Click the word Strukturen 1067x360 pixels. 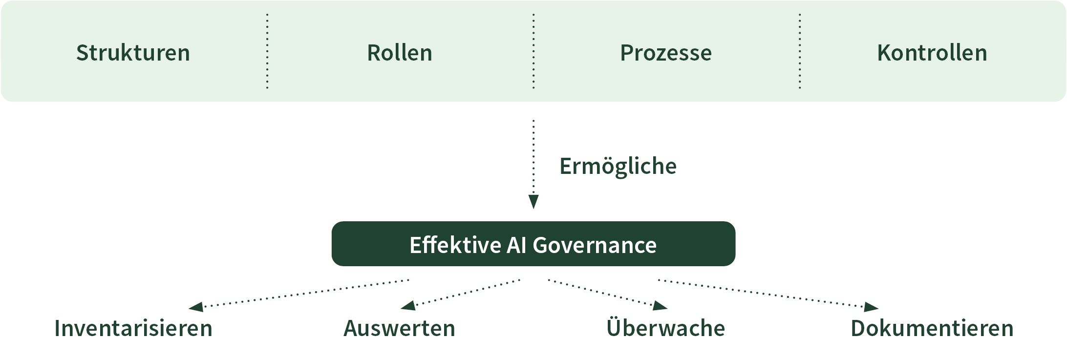(x=133, y=53)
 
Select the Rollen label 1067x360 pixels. (x=400, y=53)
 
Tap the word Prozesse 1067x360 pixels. (x=666, y=53)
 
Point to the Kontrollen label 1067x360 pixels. (x=932, y=53)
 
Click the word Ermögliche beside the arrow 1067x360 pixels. (x=618, y=167)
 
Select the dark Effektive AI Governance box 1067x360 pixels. (x=533, y=244)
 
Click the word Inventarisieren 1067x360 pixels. (x=133, y=328)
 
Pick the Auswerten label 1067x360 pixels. (x=400, y=328)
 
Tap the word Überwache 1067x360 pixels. (x=666, y=328)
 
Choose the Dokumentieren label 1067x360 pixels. (x=932, y=328)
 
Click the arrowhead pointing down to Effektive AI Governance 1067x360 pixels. (x=533, y=202)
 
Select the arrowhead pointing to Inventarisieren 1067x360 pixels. (x=196, y=307)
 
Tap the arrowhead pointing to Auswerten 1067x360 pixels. (x=408, y=306)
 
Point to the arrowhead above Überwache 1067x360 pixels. (x=660, y=306)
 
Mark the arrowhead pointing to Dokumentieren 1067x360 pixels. (x=871, y=307)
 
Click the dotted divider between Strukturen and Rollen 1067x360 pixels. (x=267, y=51)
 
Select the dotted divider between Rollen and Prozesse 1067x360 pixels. (x=533, y=51)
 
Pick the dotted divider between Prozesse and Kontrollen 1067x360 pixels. (x=800, y=51)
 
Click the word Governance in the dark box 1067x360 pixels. (x=595, y=245)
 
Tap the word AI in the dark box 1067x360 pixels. (x=516, y=245)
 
